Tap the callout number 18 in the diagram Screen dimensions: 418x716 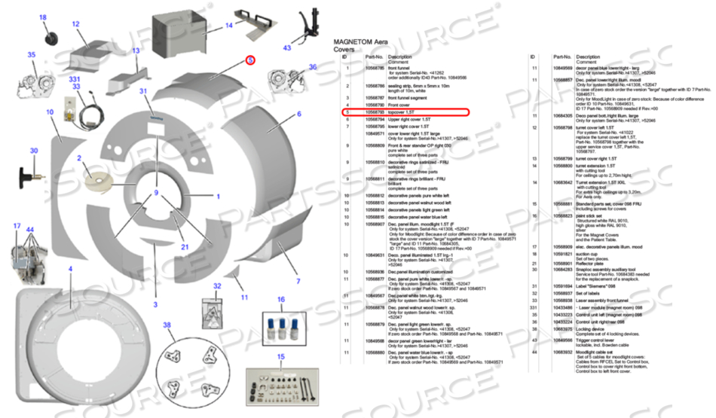42,17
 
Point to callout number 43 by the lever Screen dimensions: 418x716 287,47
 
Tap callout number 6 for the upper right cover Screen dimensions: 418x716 298,114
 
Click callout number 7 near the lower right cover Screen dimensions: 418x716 298,281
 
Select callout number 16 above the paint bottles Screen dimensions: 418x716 281,299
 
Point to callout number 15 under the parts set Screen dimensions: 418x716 280,356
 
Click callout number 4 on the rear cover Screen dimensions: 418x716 70,269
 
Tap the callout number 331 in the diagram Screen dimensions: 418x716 74,78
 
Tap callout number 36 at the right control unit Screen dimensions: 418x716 313,67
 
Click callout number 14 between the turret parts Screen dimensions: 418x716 229,25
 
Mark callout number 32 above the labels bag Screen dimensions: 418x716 217,286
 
